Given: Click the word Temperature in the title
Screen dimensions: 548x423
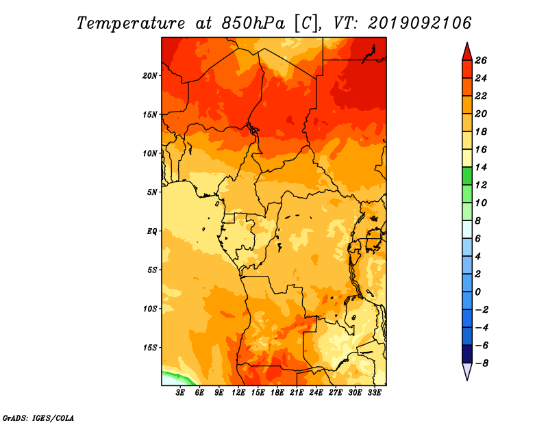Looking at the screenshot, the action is coord(131,23).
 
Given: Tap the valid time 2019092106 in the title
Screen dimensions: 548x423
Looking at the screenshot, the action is coord(420,23).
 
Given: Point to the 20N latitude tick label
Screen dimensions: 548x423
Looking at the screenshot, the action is coord(150,76).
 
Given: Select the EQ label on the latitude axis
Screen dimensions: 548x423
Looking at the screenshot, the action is coord(151,231).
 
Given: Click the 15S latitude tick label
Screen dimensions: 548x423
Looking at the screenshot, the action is coord(150,348).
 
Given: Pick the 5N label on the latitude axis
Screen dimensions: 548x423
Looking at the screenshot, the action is coord(152,192).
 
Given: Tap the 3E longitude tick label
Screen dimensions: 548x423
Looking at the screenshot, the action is coord(180,393).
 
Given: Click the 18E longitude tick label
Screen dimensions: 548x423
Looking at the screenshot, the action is coord(277,393).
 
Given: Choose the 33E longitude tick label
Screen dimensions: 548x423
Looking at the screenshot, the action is coord(374,393).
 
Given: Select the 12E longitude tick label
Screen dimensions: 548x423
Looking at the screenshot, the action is coord(238,393).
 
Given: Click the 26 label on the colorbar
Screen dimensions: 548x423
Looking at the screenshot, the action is coord(481,60).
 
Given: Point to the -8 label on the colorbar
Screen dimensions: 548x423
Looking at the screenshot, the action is coord(482,363).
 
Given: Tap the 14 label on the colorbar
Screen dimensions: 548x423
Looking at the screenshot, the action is coord(481,167).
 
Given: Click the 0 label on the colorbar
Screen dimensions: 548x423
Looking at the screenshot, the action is coord(478,292).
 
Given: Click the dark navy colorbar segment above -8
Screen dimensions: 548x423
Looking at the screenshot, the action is coord(467,354).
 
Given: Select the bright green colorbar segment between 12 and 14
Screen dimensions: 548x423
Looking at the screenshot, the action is coord(467,176).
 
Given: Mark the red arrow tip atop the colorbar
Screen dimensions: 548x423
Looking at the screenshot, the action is coord(467,42).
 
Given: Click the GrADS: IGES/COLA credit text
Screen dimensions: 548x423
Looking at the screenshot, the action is coord(38,418).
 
